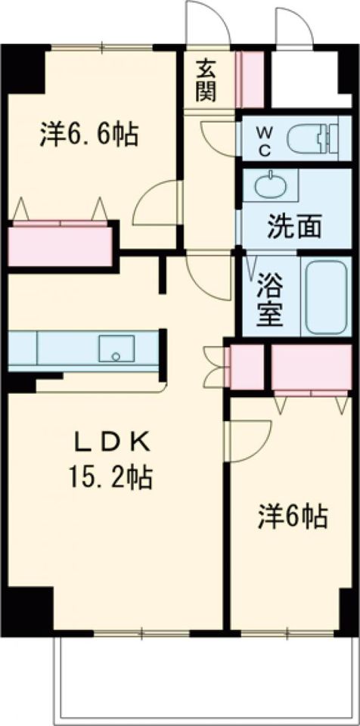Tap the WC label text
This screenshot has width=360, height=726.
tap(263, 140)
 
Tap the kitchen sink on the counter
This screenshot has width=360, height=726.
tap(116, 349)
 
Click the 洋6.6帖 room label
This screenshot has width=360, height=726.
tap(88, 135)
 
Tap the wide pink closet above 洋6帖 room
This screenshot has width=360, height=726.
tap(310, 368)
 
